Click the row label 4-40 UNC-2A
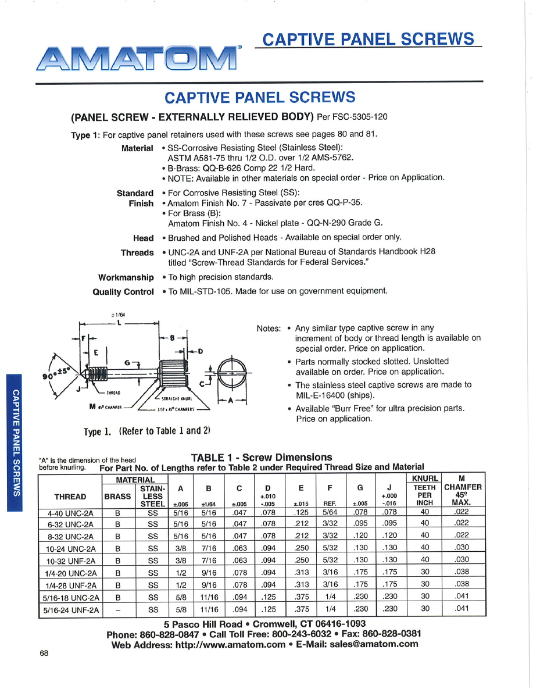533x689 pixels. (x=70, y=512)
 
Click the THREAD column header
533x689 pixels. (x=70, y=497)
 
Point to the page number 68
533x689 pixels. (x=44, y=653)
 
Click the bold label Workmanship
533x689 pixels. (x=126, y=277)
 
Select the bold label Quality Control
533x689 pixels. (x=123, y=291)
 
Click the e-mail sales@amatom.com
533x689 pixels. (x=374, y=644)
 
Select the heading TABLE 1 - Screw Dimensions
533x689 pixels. (x=262, y=457)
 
